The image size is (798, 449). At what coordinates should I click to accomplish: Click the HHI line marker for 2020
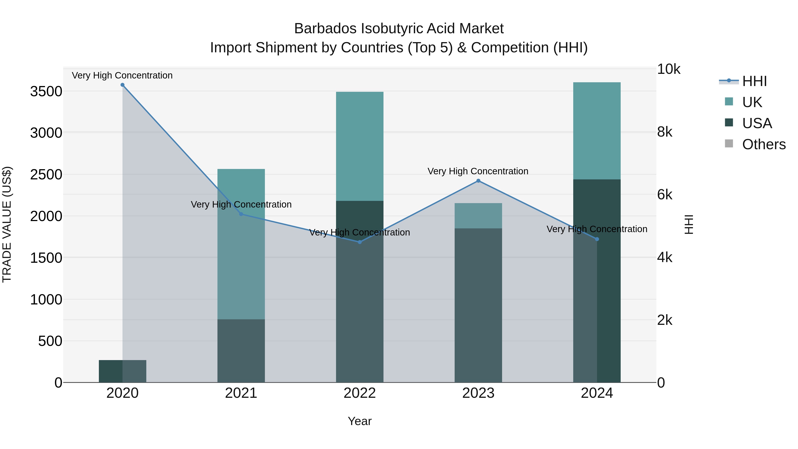122,85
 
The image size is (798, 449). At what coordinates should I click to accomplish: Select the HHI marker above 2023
478,181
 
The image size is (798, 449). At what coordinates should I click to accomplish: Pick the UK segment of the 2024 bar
597,130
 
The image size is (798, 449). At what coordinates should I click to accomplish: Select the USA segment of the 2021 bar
241,350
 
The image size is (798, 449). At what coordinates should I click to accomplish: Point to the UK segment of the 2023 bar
478,216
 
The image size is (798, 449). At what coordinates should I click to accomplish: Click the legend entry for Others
764,144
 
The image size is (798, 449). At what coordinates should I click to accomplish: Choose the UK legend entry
752,102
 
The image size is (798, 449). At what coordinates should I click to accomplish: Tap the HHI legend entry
754,81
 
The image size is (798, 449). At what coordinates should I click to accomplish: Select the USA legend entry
757,123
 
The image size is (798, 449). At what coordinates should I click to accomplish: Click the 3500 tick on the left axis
46,92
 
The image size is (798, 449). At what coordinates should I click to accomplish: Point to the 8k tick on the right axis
665,132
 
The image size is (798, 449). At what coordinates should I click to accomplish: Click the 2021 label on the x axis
241,393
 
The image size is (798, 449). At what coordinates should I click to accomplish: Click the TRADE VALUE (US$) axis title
7,224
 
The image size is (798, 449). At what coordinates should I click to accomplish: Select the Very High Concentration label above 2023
478,171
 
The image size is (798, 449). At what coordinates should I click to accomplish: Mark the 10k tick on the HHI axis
669,69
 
